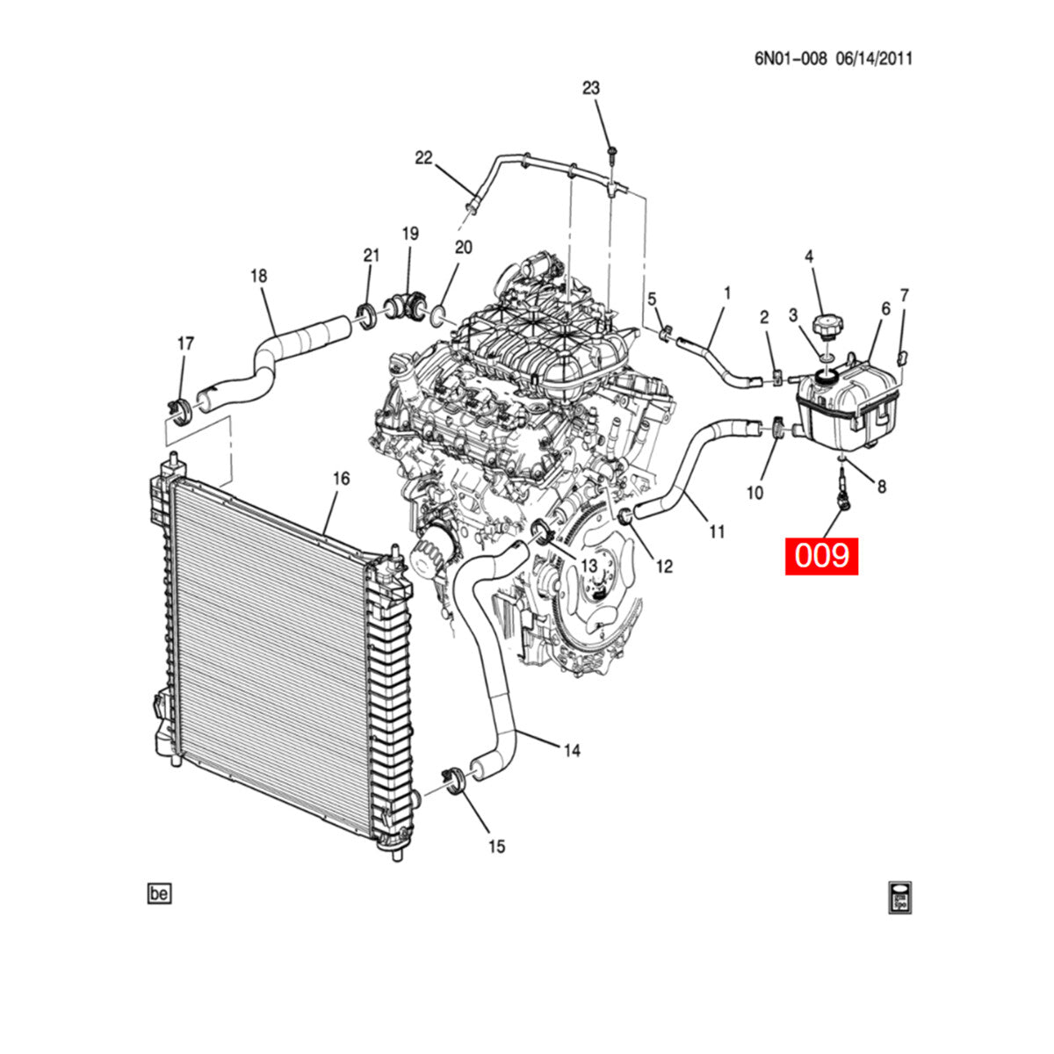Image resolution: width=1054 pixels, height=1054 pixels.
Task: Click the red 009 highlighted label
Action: coord(820,556)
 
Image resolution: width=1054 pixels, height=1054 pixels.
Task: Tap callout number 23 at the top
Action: coord(591,88)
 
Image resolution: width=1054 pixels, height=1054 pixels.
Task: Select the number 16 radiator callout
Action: coord(341,479)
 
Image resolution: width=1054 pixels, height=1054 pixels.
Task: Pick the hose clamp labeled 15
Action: coord(454,779)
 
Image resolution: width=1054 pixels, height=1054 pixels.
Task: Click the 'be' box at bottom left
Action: coord(159,894)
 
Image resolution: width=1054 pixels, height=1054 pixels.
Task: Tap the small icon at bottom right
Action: coord(899,897)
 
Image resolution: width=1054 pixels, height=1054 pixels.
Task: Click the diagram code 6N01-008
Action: coord(790,59)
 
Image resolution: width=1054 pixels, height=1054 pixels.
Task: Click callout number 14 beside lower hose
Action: coord(572,751)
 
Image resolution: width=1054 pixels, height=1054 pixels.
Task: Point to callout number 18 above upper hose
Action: coord(258,276)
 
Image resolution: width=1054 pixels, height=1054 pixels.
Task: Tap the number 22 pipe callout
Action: coord(424,158)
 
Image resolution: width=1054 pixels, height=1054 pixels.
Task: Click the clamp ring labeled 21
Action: coord(366,313)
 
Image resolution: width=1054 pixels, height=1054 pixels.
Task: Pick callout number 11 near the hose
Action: coord(718,531)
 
